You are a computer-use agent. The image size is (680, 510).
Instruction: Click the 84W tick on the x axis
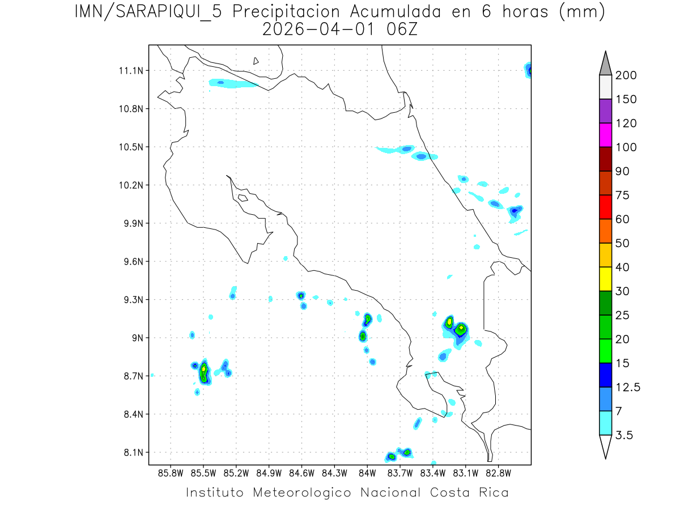click(367, 473)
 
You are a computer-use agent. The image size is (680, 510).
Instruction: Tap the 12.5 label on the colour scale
click(628, 387)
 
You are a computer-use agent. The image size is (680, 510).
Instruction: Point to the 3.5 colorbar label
click(624, 435)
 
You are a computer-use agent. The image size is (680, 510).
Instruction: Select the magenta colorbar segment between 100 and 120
click(605, 135)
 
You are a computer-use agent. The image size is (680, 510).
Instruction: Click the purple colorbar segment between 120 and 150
click(605, 111)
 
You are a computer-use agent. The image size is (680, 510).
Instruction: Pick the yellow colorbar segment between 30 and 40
click(605, 279)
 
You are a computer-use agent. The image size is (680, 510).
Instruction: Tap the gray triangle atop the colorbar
click(605, 64)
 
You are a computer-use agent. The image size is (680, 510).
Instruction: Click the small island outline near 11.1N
click(256, 61)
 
